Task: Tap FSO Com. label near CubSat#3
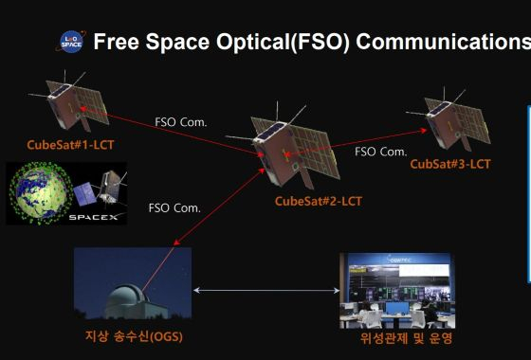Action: pos(381,151)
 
